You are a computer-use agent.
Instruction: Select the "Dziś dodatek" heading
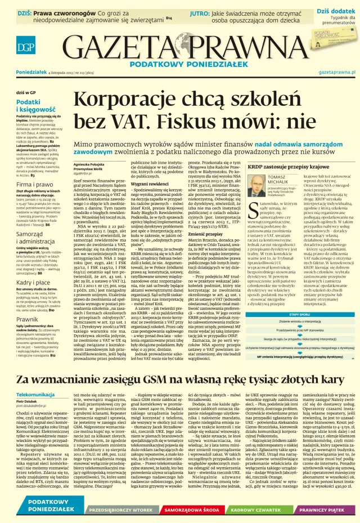(336, 10)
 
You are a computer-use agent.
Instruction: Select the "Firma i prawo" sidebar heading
(32, 184)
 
